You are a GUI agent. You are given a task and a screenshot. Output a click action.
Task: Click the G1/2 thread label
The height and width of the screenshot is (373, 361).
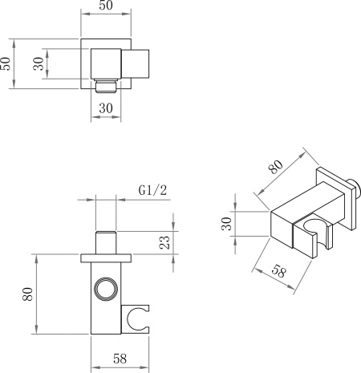pyautogui.click(x=152, y=190)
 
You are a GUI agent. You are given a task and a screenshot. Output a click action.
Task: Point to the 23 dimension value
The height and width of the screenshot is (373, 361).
pyautogui.click(x=164, y=242)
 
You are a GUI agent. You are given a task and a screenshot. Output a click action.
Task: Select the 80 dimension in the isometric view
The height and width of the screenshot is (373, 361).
pyautogui.click(x=276, y=167)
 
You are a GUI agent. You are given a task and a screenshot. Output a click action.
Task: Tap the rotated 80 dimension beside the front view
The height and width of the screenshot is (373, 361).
pyautogui.click(x=27, y=294)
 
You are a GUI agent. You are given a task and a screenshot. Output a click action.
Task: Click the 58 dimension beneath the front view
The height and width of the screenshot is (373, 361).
pyautogui.click(x=120, y=359)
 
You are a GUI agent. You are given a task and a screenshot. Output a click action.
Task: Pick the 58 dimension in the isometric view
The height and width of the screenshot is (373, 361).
pyautogui.click(x=279, y=272)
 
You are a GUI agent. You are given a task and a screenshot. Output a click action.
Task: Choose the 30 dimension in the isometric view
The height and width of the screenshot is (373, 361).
pyautogui.click(x=226, y=224)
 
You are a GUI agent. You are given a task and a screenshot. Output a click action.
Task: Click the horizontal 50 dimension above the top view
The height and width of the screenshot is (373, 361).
pyautogui.click(x=106, y=6)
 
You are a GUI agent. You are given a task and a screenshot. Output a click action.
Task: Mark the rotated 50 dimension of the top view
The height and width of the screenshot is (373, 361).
pyautogui.click(x=6, y=63)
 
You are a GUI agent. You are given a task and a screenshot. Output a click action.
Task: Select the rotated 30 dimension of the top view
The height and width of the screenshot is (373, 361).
pyautogui.click(x=39, y=63)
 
